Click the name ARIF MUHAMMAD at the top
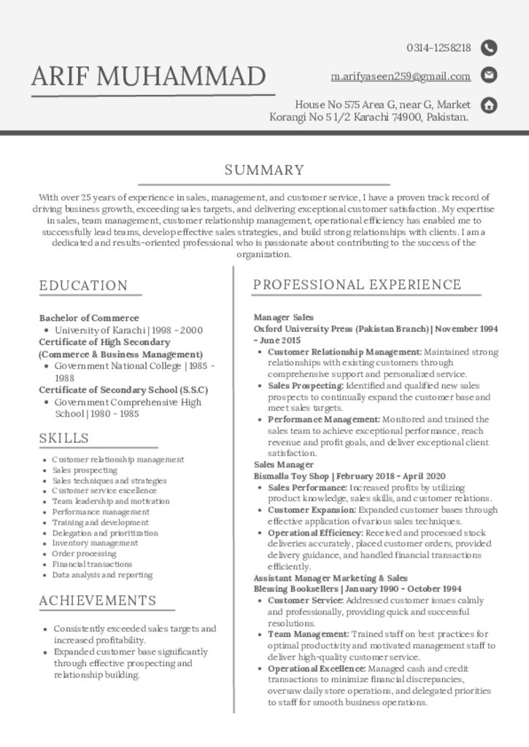tap(149, 76)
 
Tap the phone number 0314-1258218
tap(439, 48)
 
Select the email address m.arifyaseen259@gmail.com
tap(401, 76)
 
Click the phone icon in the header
tap(490, 48)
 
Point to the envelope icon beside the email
tap(490, 75)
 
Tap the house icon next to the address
tap(490, 105)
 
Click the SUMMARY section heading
tap(264, 171)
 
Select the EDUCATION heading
tap(83, 285)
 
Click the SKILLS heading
tap(64, 438)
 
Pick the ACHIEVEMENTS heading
tap(98, 601)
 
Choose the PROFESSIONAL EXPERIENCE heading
tap(357, 285)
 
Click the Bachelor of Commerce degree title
tap(89, 318)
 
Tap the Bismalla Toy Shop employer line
tap(349, 476)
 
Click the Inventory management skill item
tap(95, 543)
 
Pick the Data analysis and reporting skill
tap(102, 575)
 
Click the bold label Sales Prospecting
tap(305, 386)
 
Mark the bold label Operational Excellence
tap(316, 668)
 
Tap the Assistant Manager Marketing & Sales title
tap(331, 578)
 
